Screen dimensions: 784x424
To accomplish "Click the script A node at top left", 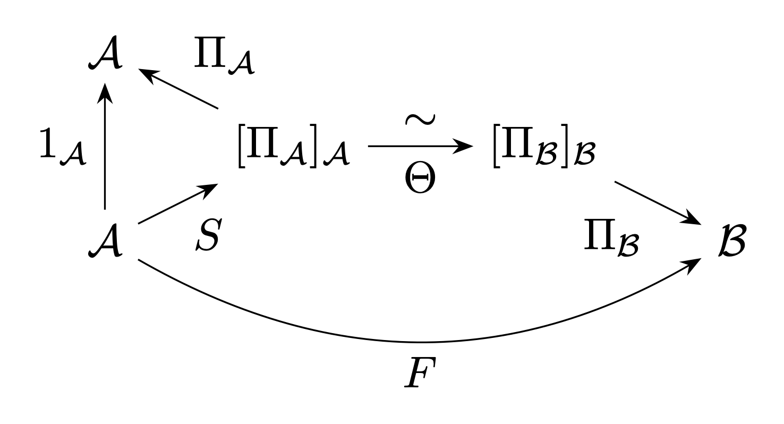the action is click(105, 53).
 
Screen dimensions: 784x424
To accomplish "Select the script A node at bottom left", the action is click(105, 241).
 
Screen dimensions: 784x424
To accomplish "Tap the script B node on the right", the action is click(732, 241).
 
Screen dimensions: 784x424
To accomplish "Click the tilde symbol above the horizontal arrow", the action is click(420, 120).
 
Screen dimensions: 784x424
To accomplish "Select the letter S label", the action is click(209, 234).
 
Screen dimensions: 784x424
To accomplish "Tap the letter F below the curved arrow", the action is click(420, 372).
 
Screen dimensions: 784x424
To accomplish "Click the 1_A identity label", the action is click(62, 147).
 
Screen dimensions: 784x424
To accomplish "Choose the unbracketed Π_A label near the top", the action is click(224, 55).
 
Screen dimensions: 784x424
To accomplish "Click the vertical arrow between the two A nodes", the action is click(105, 146).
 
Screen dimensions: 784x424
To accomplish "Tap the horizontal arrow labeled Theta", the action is click(420, 146).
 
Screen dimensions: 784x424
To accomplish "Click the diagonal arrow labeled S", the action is click(178, 203).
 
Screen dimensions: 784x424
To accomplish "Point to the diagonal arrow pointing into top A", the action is click(178, 89).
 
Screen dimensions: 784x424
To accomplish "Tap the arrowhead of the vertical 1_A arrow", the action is click(105, 93).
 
